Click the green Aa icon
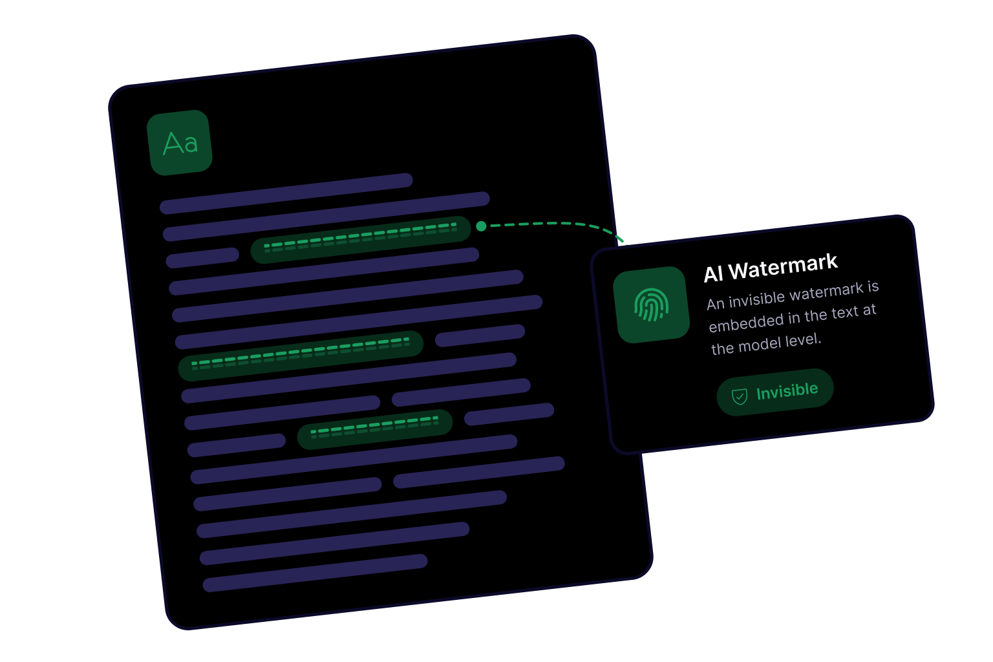[x=180, y=143]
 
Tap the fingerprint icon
[x=651, y=304]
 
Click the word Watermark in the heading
[x=784, y=267]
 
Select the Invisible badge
[x=775, y=392]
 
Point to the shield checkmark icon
[x=740, y=396]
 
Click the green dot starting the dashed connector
[x=481, y=226]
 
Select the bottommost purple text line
[x=315, y=573]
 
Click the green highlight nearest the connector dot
[x=360, y=240]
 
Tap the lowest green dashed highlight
[x=375, y=429]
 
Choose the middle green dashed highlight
[x=301, y=356]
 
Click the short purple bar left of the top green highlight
[x=202, y=258]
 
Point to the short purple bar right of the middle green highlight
[x=480, y=336]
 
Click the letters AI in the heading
[x=713, y=274]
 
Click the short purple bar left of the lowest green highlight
[x=237, y=445]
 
